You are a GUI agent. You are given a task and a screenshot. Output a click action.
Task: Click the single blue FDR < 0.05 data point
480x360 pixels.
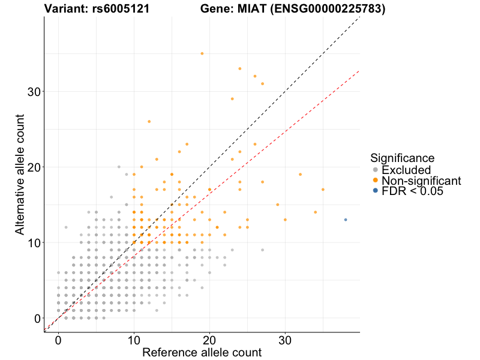pyautogui.click(x=346, y=220)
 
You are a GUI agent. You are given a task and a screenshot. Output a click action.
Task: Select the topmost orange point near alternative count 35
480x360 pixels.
pyautogui.click(x=202, y=53)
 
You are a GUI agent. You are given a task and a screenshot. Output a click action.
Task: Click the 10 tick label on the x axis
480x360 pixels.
pyautogui.click(x=134, y=341)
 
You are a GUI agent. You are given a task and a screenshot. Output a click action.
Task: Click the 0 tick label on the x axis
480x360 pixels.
pyautogui.click(x=58, y=341)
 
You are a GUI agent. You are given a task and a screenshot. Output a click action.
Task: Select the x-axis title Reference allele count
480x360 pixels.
pyautogui.click(x=202, y=353)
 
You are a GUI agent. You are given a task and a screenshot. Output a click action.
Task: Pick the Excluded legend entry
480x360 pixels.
pyautogui.click(x=406, y=170)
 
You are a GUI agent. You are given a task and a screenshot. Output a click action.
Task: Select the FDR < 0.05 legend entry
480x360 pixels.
pyautogui.click(x=412, y=191)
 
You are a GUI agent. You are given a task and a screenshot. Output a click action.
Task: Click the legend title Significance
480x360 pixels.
pyautogui.click(x=402, y=158)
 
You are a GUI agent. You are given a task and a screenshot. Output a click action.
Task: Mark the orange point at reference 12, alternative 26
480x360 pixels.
pyautogui.click(x=149, y=121)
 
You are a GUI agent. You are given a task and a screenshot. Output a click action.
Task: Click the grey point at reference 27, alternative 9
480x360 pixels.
pyautogui.click(x=262, y=250)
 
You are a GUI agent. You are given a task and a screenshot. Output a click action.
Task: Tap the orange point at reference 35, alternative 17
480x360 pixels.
pyautogui.click(x=323, y=190)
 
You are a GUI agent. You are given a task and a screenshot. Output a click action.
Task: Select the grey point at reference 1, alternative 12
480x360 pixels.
pyautogui.click(x=66, y=227)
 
